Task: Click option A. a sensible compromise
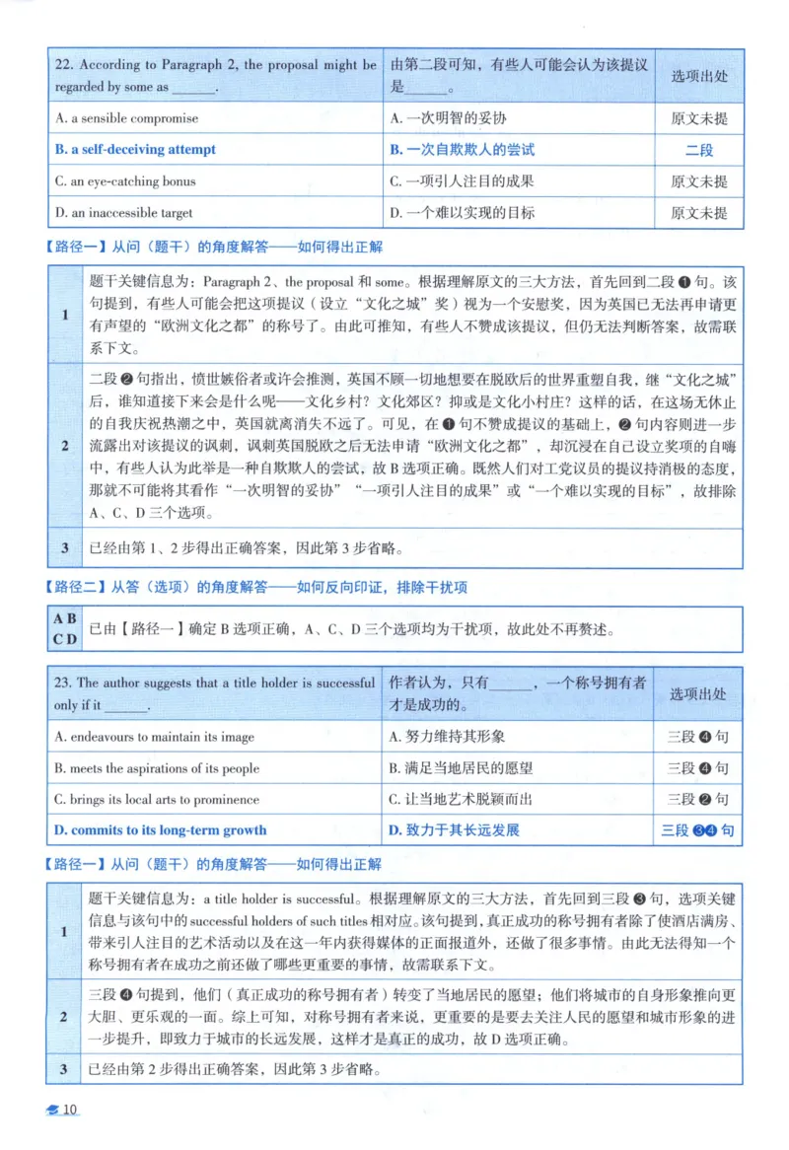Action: [127, 118]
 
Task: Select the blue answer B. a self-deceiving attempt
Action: [136, 150]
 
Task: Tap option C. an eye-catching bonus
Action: [125, 181]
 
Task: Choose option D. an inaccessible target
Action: [124, 213]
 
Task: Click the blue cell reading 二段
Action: [698, 150]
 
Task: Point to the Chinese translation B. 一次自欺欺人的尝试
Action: [462, 150]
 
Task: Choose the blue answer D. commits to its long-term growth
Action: [161, 830]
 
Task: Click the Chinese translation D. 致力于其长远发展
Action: [454, 830]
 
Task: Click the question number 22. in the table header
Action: [64, 65]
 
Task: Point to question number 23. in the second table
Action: [64, 683]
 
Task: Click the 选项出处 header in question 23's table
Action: [698, 694]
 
